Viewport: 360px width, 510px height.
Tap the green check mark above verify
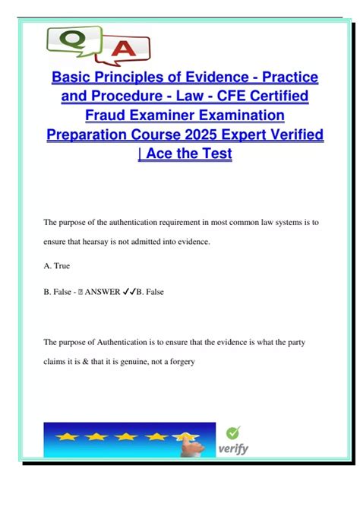(x=234, y=432)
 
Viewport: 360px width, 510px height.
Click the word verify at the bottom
(x=234, y=449)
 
